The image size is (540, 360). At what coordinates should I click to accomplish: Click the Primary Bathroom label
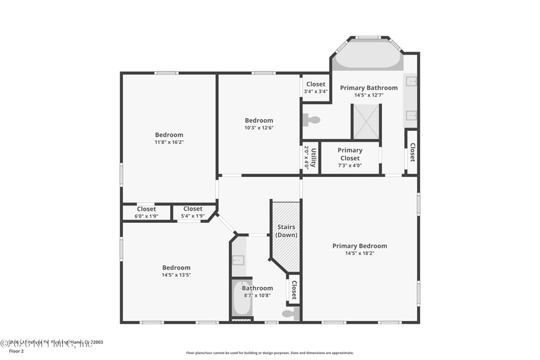tap(369, 88)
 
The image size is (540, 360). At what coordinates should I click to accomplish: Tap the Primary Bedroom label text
tap(360, 246)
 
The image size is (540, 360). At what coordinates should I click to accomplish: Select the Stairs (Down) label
tap(286, 231)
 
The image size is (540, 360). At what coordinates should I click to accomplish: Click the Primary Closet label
tap(350, 154)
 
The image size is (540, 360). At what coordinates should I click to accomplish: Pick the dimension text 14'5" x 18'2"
tap(360, 254)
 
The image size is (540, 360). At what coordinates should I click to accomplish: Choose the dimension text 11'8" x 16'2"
tap(169, 143)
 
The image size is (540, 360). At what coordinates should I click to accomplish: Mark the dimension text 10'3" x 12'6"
tap(259, 128)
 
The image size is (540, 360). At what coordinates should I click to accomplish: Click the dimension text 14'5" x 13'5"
tap(176, 275)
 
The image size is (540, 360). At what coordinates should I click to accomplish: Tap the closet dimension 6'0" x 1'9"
tap(146, 216)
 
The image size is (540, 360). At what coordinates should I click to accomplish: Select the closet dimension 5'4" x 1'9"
tap(192, 216)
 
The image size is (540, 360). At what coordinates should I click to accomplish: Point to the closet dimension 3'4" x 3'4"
tap(315, 92)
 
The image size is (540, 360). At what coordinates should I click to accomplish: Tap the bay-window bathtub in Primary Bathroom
tap(368, 56)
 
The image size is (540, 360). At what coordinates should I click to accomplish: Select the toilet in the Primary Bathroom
tap(312, 120)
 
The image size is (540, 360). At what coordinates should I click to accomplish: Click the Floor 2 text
tap(16, 351)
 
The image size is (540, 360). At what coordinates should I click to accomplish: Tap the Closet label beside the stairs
tap(294, 290)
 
